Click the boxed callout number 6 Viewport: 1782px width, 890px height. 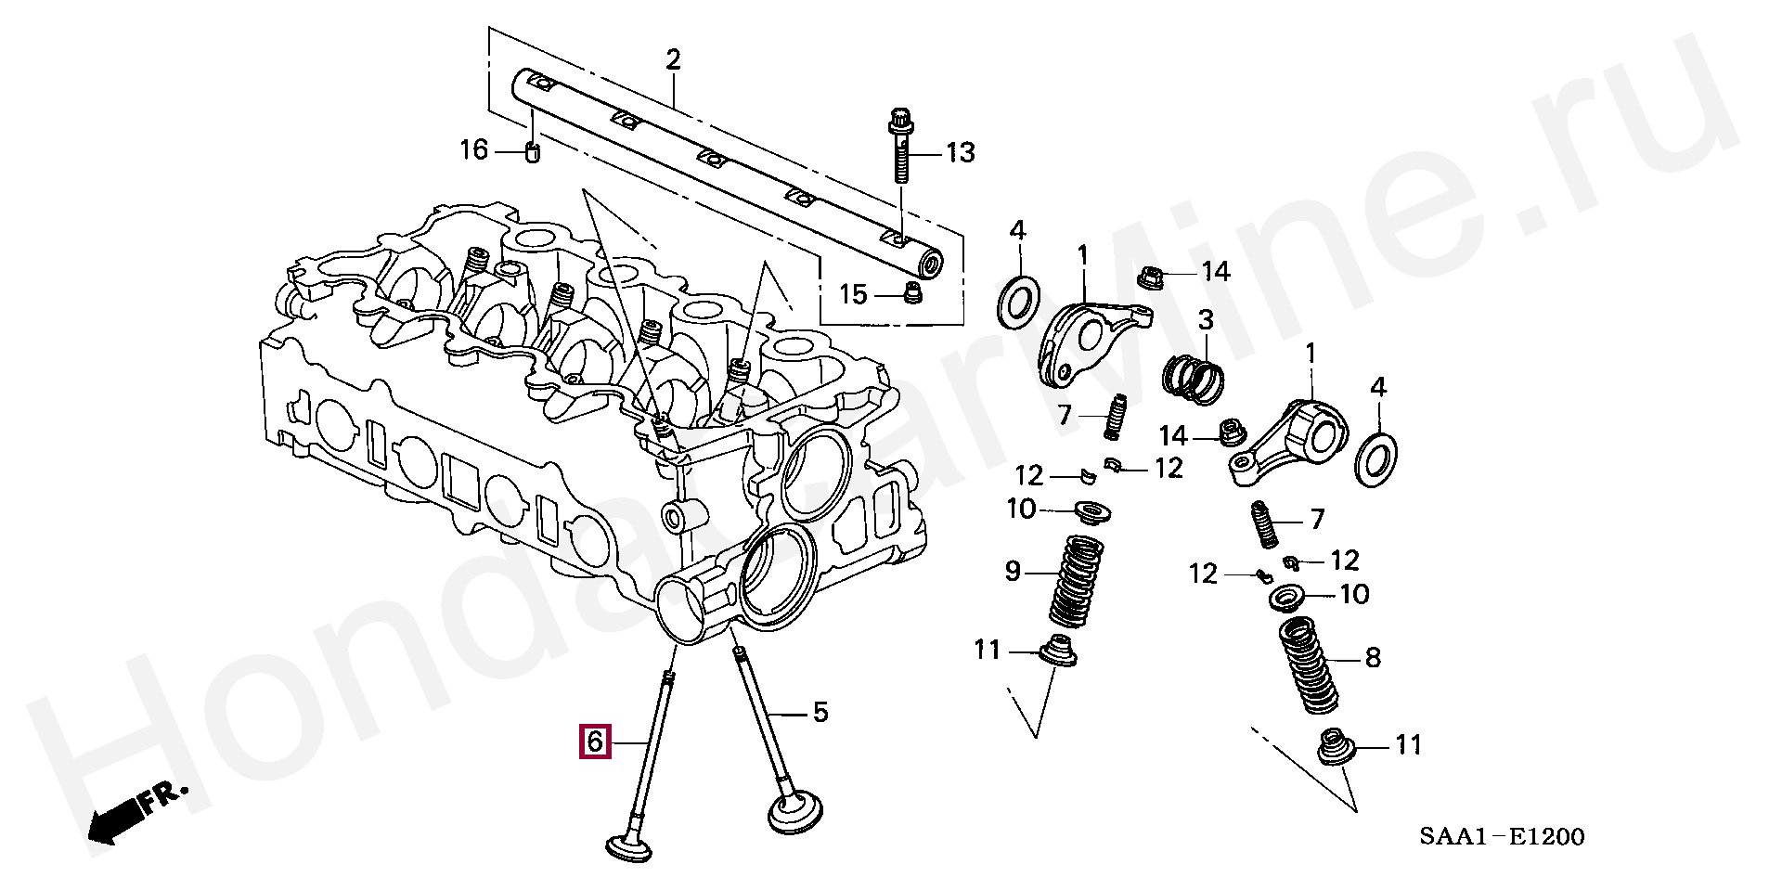point(595,742)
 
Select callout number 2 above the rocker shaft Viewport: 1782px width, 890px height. point(673,60)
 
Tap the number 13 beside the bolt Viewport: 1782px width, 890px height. point(961,151)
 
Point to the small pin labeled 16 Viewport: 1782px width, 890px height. point(533,152)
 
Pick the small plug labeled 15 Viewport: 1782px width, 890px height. point(912,295)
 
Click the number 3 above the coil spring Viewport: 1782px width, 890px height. point(1205,321)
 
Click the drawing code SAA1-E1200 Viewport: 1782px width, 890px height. point(1501,837)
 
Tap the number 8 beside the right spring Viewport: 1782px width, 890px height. point(1373,658)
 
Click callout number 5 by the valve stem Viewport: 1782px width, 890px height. point(820,713)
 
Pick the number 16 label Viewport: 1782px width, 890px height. point(474,149)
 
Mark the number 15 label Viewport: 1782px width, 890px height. point(853,294)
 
